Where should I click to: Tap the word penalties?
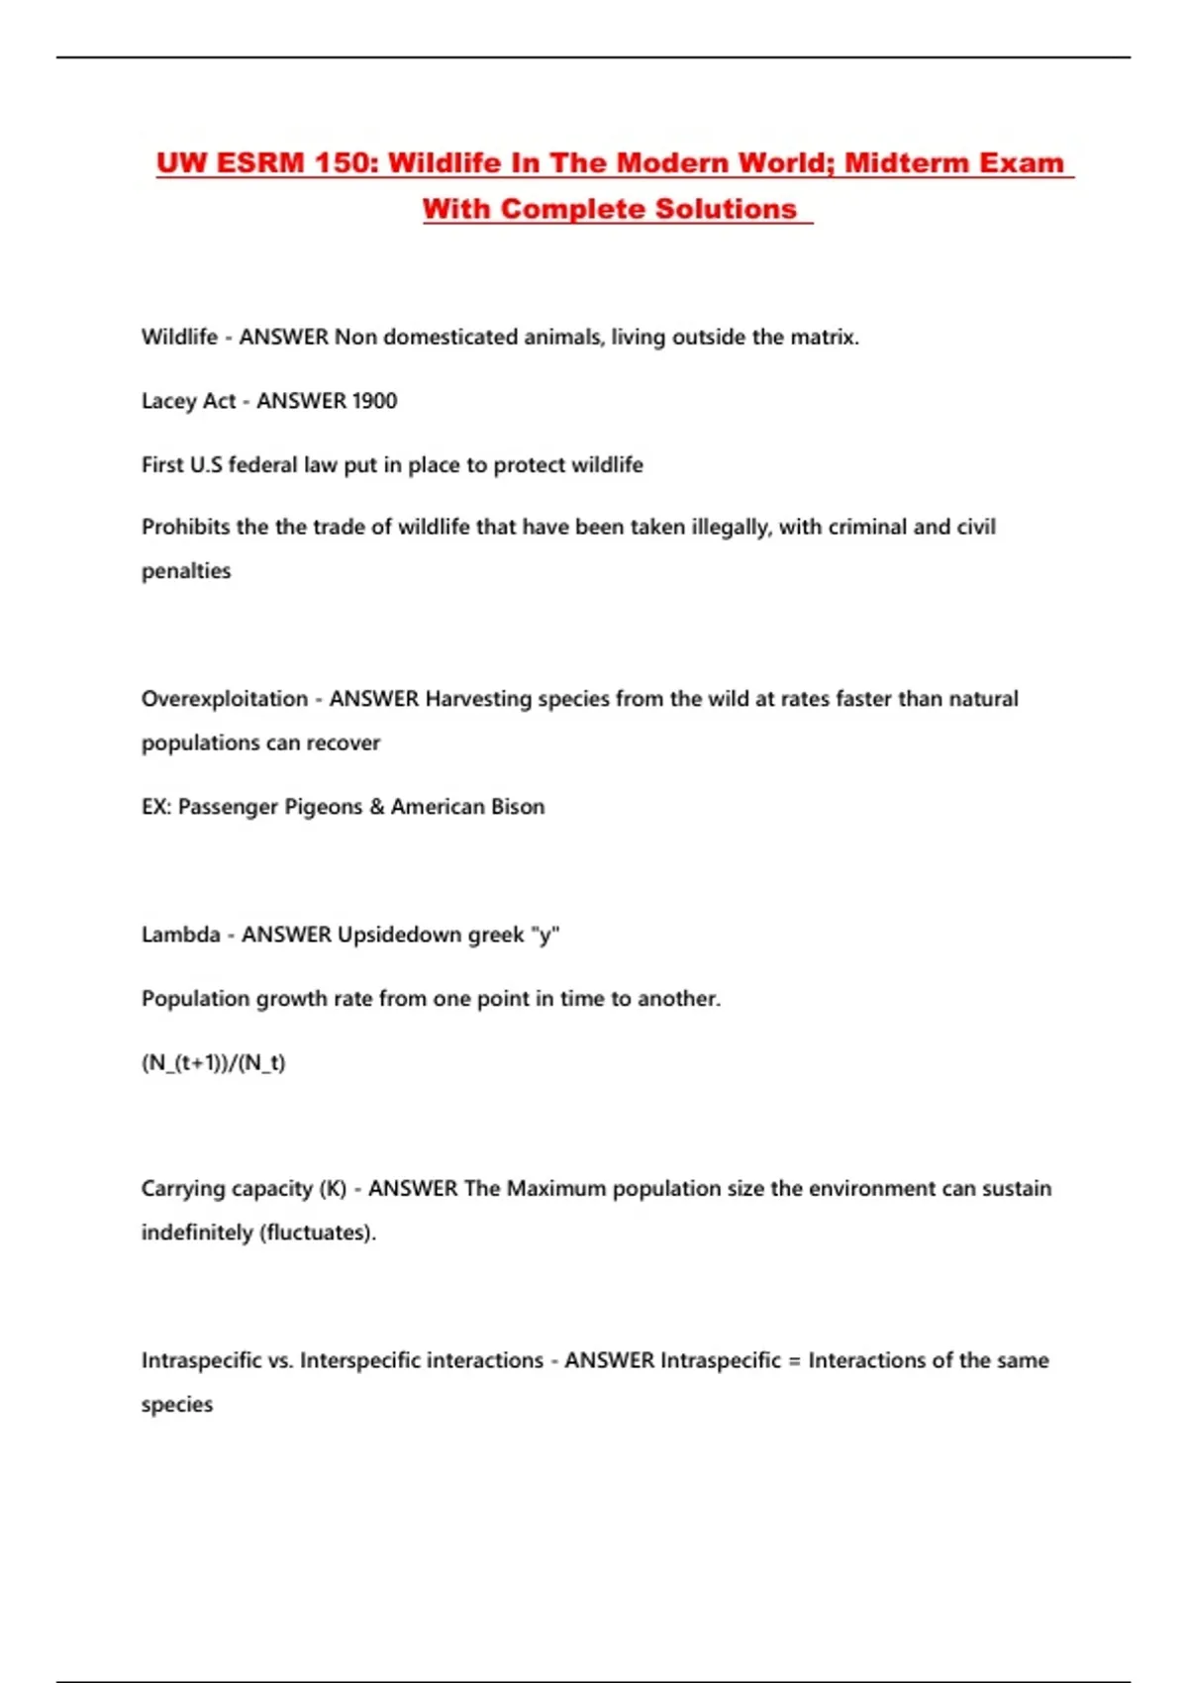tap(186, 571)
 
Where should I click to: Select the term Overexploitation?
tap(225, 699)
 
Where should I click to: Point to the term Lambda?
tap(181, 935)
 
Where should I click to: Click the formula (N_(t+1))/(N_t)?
tap(214, 1063)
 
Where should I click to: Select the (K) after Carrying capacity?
tap(333, 1188)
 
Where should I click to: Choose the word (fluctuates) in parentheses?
tap(317, 1233)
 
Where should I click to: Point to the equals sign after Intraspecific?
tap(794, 1361)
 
